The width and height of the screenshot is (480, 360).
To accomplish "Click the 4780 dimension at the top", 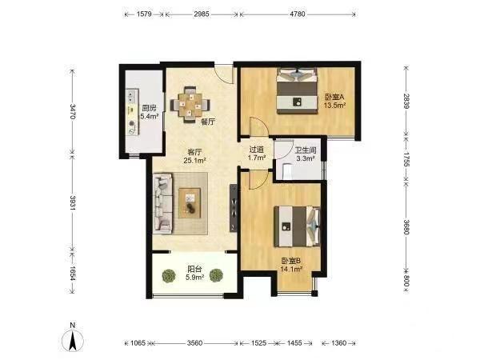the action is pyautogui.click(x=298, y=14).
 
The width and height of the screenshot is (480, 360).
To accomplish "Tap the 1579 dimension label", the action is pyautogui.click(x=144, y=14).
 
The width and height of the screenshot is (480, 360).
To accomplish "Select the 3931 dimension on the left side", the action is pyautogui.click(x=72, y=202).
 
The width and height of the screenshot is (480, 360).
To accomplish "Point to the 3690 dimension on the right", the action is pyautogui.click(x=406, y=227).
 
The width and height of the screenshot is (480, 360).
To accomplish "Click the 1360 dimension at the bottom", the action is pyautogui.click(x=338, y=343).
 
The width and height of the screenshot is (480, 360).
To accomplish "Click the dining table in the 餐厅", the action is pyautogui.click(x=190, y=105).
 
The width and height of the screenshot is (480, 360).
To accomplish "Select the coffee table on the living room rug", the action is pyautogui.click(x=190, y=203).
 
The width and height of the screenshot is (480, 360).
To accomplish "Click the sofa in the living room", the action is pyautogui.click(x=163, y=203).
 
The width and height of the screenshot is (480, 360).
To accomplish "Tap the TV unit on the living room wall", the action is pyautogui.click(x=234, y=208).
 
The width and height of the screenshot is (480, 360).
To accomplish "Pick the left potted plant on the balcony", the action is pyautogui.click(x=169, y=275).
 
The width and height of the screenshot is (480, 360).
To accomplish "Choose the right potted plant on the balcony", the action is pyautogui.click(x=216, y=275).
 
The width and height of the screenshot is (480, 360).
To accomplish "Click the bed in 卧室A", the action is pyautogui.click(x=297, y=91).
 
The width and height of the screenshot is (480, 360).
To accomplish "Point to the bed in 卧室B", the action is pyautogui.click(x=297, y=226).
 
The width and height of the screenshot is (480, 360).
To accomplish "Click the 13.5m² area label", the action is pyautogui.click(x=335, y=106).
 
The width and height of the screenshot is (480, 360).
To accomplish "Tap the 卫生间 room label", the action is pyautogui.click(x=306, y=150).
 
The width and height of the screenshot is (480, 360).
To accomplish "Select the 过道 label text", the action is pyautogui.click(x=257, y=150).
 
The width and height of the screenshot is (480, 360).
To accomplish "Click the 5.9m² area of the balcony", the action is pyautogui.click(x=195, y=278).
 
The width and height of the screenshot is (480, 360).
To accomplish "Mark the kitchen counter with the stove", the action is pyautogui.click(x=133, y=112).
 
